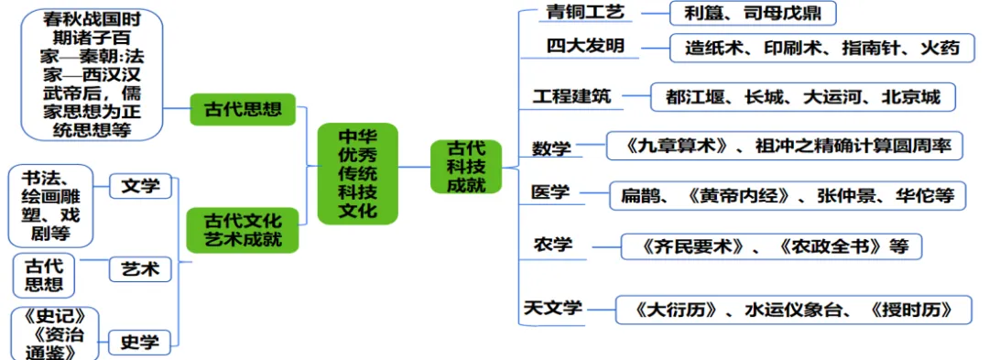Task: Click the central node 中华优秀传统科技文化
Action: tap(357, 173)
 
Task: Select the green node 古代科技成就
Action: tap(466, 166)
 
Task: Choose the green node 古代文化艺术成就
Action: tap(243, 230)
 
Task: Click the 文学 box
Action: tap(140, 187)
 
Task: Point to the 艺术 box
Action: tap(140, 269)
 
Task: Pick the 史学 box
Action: tap(140, 343)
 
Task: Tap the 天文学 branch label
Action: tap(552, 308)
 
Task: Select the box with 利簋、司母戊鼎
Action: tap(753, 14)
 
